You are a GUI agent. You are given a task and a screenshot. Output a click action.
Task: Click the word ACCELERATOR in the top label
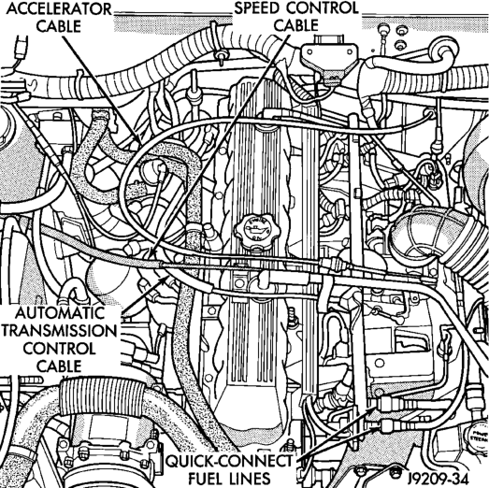[59, 9]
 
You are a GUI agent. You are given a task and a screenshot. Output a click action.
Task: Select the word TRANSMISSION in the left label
[59, 331]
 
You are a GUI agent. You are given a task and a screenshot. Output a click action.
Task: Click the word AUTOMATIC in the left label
[60, 313]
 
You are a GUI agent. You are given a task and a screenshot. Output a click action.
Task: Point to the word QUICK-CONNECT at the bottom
[229, 461]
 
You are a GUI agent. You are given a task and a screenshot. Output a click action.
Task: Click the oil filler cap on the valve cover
[258, 231]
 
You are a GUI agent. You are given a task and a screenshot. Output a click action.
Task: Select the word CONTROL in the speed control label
[318, 8]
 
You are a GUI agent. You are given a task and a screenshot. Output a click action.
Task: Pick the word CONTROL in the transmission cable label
[59, 349]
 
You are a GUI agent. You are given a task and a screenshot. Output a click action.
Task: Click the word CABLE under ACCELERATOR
[59, 26]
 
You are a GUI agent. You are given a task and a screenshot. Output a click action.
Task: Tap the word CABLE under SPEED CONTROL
[296, 25]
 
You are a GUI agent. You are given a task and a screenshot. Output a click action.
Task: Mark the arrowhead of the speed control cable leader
[150, 254]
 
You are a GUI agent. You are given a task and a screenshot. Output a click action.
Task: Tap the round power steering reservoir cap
[477, 436]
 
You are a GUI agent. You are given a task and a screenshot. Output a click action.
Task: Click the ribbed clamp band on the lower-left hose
[102, 398]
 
